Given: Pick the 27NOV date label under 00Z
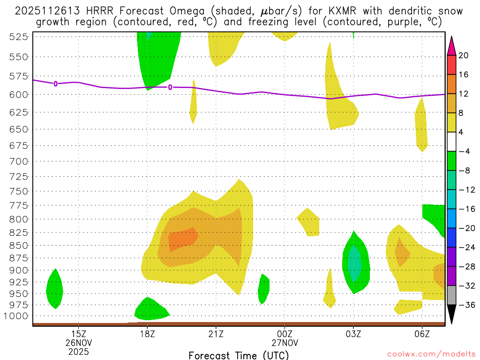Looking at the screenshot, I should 285,342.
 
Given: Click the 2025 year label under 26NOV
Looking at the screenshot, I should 78,351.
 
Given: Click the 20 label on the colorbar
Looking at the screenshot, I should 464,56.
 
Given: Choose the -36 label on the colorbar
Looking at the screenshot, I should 465,305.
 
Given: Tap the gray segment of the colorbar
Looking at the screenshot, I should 452,295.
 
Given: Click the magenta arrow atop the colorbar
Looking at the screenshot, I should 452,45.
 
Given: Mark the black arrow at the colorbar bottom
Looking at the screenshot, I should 452,313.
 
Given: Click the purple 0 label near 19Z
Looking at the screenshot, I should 170,87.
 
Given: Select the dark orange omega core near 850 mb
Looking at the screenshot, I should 183,239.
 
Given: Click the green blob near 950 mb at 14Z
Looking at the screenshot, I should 54,290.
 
